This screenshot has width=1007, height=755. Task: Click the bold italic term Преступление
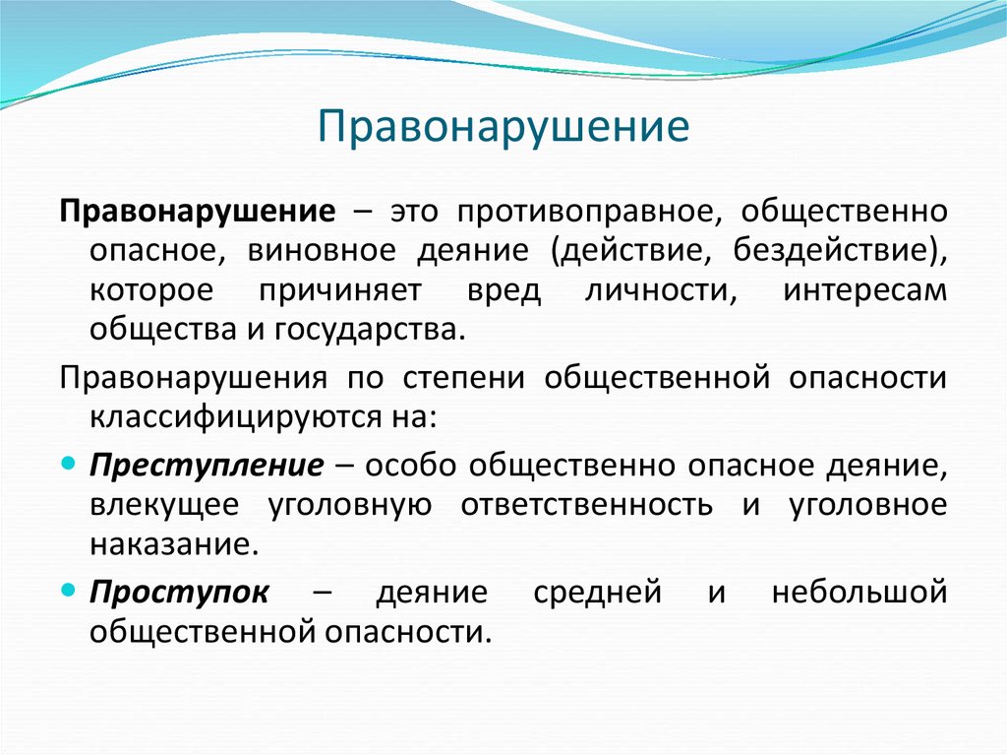click(x=206, y=465)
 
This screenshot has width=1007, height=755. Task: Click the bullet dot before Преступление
click(x=68, y=463)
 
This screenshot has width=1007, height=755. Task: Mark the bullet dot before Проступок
click(x=68, y=591)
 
